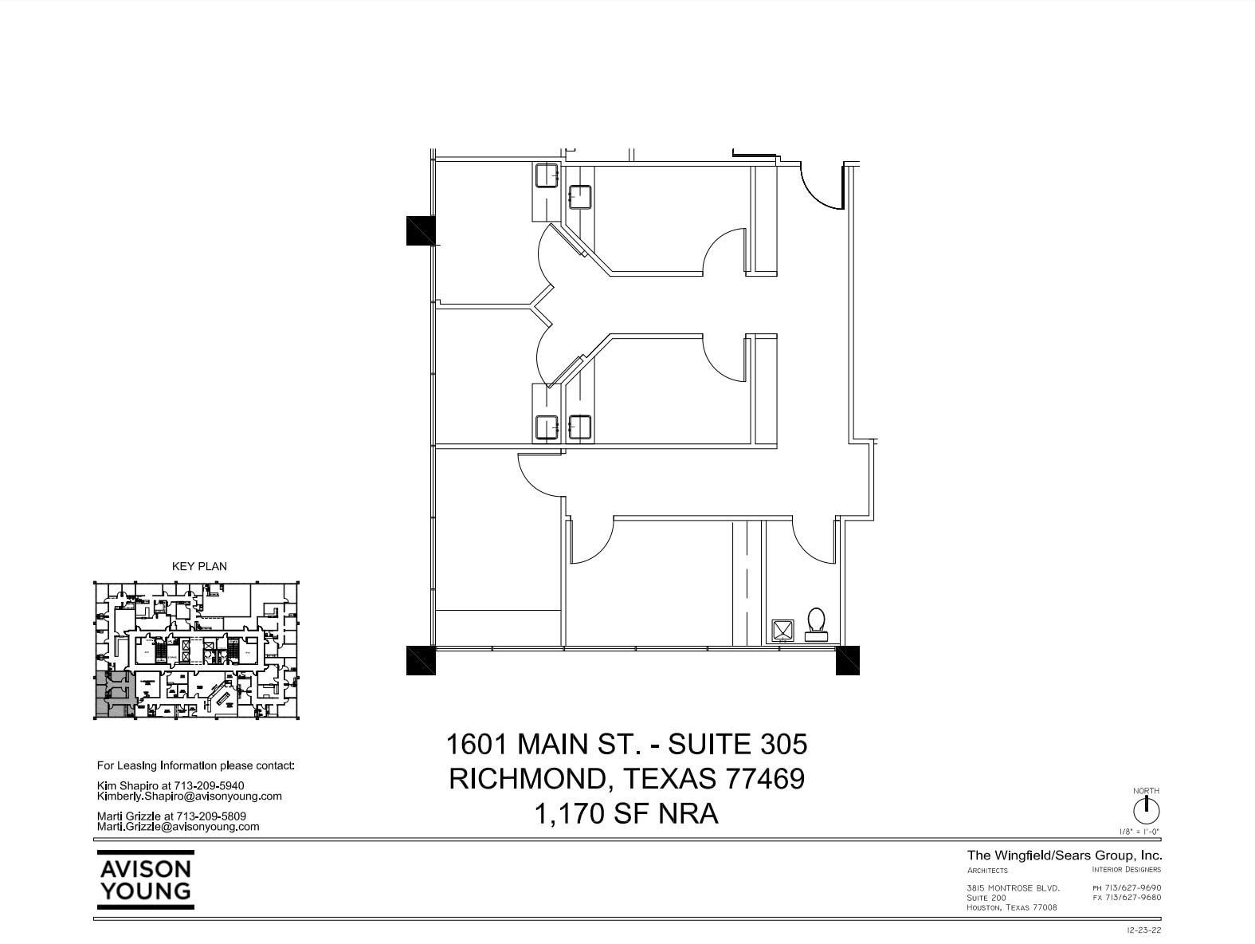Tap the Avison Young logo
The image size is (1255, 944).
tap(145, 879)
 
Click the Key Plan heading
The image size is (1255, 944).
tap(199, 566)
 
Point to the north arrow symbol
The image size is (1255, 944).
tap(1146, 811)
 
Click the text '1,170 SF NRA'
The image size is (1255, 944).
tap(626, 814)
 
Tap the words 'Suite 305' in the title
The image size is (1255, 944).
tap(737, 744)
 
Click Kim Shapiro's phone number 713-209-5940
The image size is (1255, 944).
tap(209, 785)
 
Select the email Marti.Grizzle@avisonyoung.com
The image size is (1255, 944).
tap(178, 827)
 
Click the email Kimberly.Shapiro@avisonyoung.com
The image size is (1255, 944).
tap(189, 796)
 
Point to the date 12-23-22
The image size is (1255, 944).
tap(1144, 930)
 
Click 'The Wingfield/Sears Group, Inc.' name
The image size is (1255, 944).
tap(1065, 855)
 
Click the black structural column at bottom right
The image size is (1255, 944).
tap(848, 660)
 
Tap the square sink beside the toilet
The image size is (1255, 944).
tap(782, 631)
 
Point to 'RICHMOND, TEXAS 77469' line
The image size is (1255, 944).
tap(626, 779)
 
